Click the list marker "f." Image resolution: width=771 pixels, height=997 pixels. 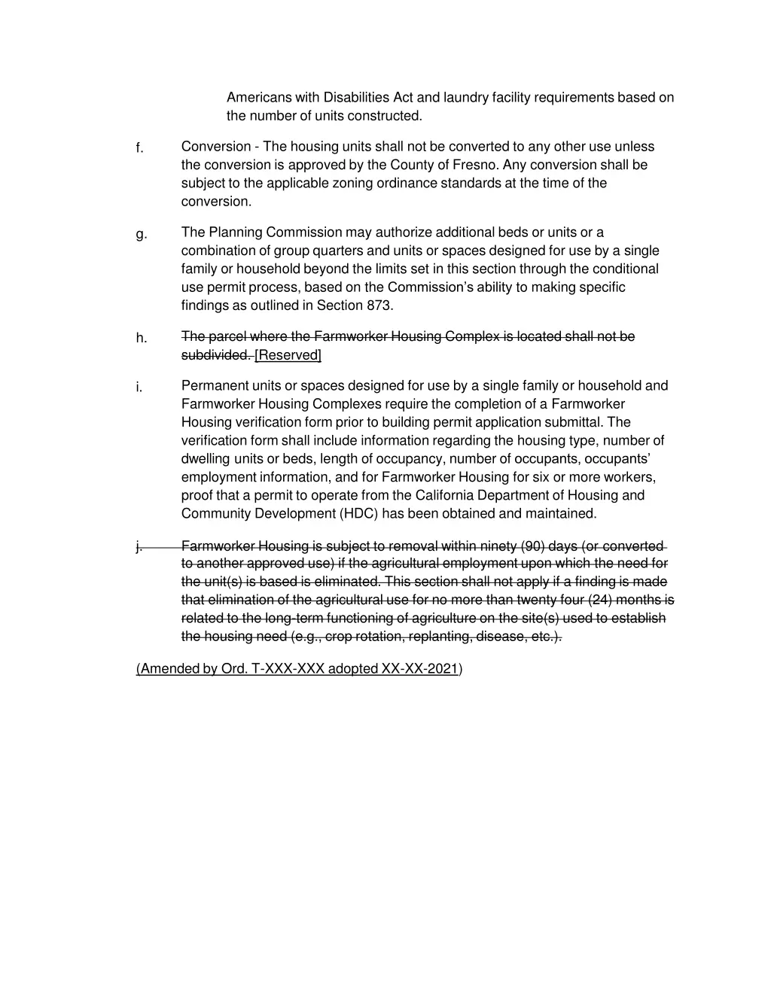[x=139, y=148]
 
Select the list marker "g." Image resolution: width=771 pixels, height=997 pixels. [x=141, y=235]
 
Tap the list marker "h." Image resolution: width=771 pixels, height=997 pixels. [x=141, y=339]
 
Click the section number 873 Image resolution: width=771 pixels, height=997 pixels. [x=379, y=305]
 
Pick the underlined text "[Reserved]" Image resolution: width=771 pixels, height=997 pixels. [x=288, y=355]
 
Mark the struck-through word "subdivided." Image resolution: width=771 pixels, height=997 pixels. [x=216, y=355]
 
